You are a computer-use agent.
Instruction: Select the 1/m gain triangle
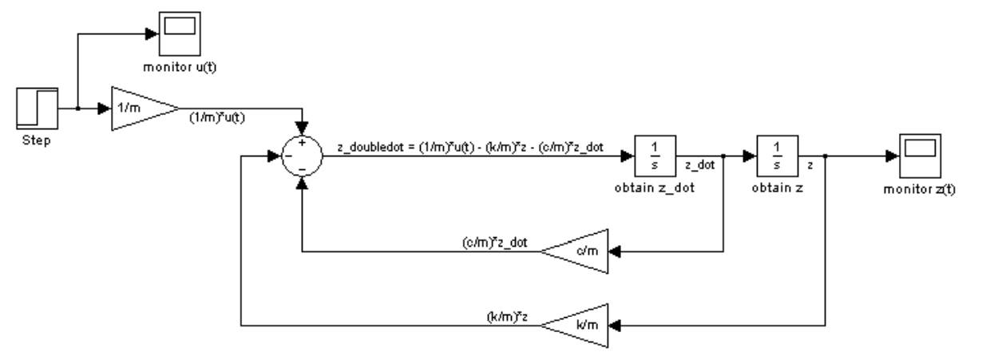tap(141, 109)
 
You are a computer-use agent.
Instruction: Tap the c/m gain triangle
tap(576, 251)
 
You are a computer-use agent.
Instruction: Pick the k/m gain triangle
tap(576, 324)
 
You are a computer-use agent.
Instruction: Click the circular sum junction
tap(302, 156)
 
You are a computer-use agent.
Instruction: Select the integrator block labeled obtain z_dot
tap(655, 156)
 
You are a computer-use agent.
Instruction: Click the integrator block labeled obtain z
tap(777, 156)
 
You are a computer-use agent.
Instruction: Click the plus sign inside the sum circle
tap(302, 144)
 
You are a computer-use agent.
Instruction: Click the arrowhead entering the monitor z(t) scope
tap(893, 156)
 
